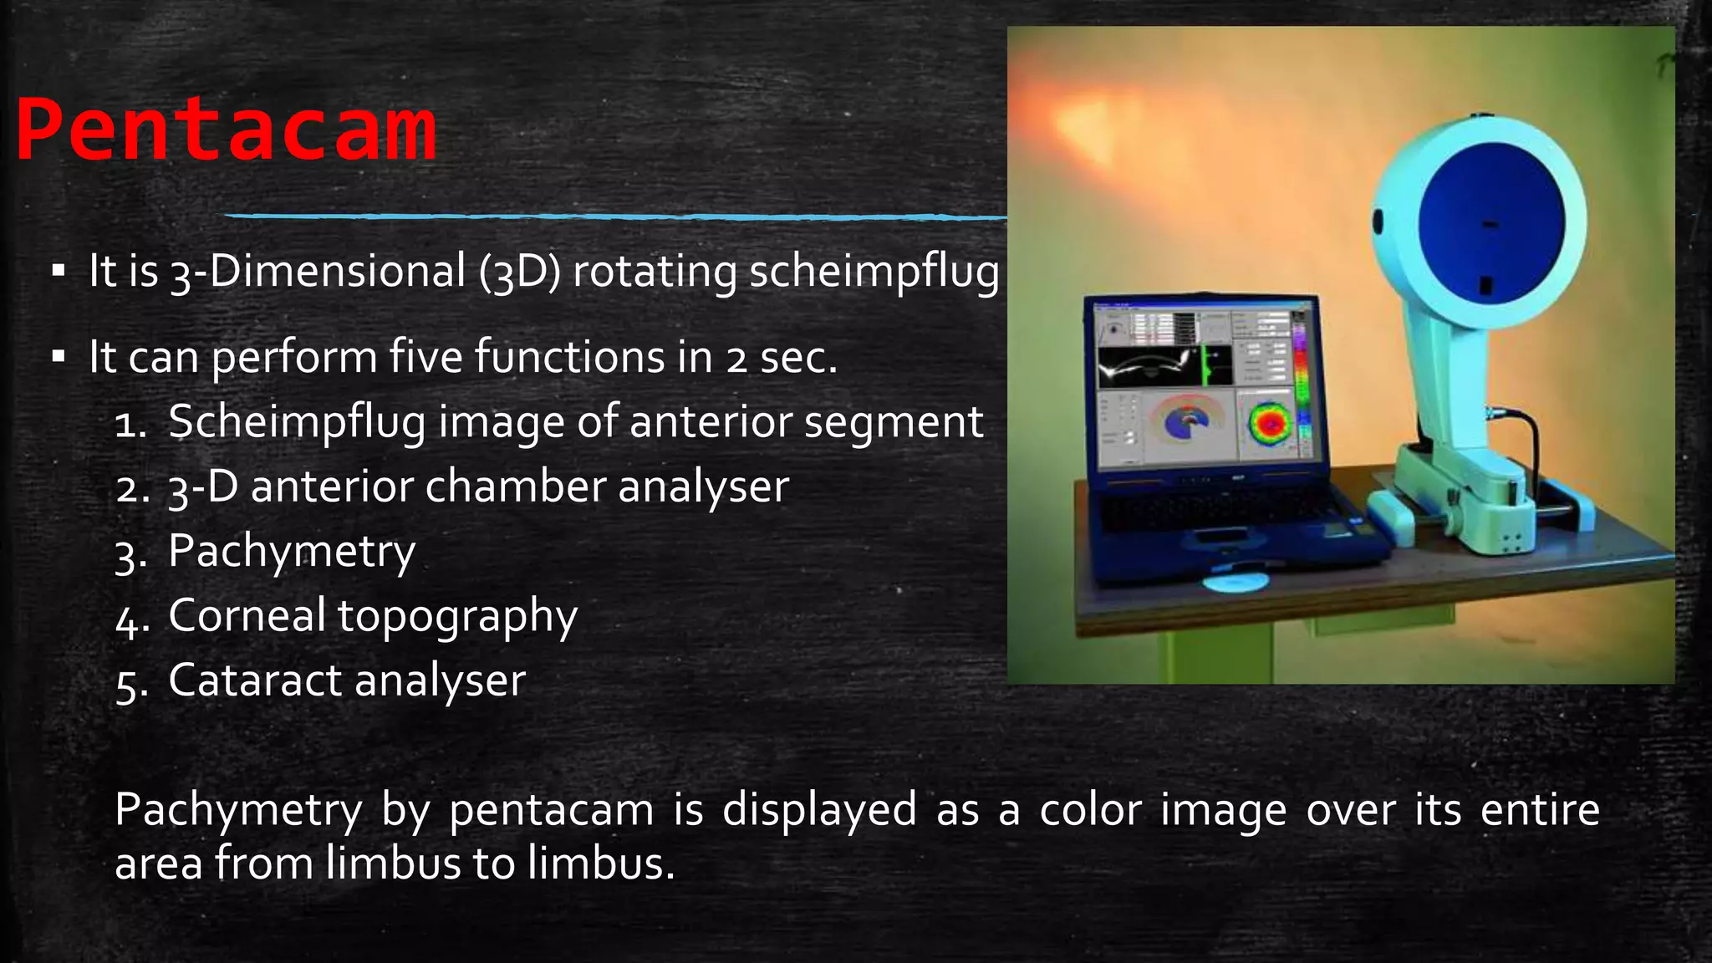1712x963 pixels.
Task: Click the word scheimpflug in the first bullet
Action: click(x=874, y=272)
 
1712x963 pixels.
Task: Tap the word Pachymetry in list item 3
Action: click(x=292, y=552)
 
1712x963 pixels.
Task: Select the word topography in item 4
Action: click(x=457, y=617)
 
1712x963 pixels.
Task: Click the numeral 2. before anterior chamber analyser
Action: click(x=133, y=488)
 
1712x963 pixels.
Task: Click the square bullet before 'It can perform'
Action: click(x=58, y=357)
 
